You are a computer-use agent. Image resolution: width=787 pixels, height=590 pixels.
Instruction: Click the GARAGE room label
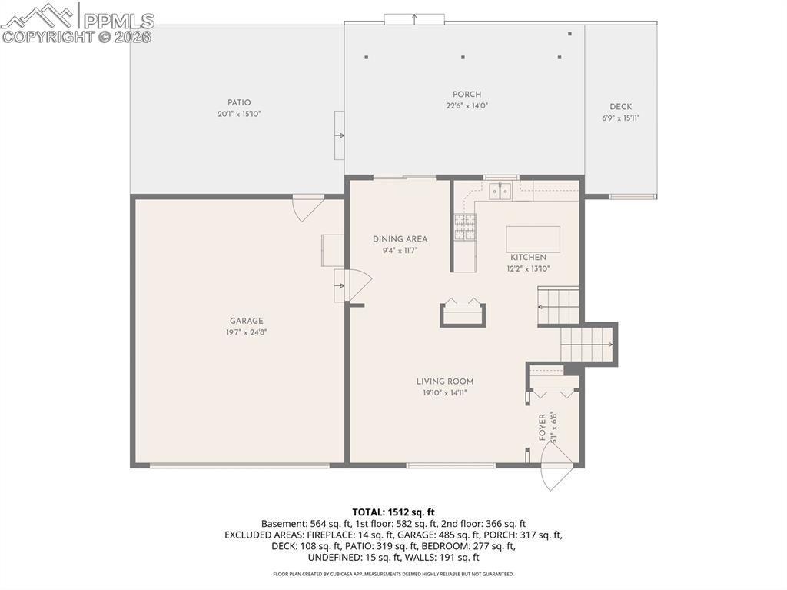246,321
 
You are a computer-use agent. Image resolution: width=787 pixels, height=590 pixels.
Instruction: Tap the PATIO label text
239,102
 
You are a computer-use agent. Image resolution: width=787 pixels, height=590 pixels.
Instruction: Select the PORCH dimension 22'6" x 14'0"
467,106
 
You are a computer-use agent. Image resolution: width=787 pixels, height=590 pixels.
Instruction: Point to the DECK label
621,107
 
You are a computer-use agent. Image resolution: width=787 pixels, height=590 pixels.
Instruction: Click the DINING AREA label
400,239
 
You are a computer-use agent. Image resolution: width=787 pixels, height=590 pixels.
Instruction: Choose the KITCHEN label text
528,258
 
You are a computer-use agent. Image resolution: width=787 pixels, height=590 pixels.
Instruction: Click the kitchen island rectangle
533,239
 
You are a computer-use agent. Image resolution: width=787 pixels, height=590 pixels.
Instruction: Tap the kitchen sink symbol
501,190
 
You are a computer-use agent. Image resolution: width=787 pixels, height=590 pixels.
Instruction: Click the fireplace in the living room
463,314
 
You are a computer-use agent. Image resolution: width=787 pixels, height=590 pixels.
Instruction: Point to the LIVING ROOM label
445,382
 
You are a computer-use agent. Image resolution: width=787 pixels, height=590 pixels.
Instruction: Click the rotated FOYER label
542,427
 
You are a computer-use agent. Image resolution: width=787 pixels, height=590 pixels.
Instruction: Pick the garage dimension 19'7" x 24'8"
246,332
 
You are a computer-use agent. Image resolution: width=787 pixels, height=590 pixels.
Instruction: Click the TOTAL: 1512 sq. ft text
393,512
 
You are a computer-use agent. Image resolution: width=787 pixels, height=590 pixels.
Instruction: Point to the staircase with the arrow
587,343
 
